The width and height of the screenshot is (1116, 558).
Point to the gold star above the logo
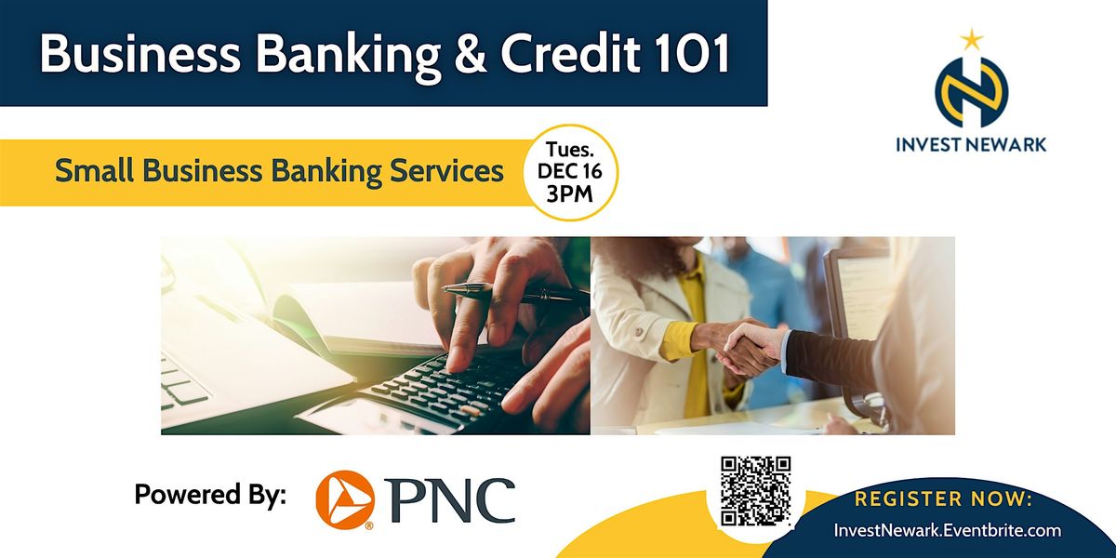(x=971, y=38)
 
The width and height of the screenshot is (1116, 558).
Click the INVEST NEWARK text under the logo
(x=971, y=144)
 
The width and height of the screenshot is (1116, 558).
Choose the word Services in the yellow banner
(x=443, y=172)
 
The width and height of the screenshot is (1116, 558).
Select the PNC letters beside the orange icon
(x=452, y=499)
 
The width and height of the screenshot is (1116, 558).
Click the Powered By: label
(x=209, y=495)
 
